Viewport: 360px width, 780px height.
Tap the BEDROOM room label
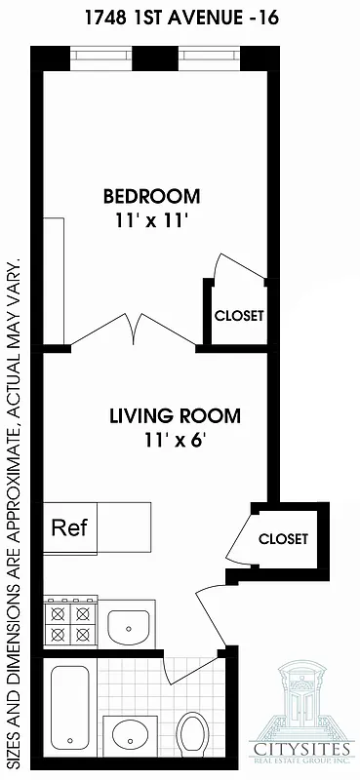(151, 196)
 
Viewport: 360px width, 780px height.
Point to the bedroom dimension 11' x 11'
(151, 220)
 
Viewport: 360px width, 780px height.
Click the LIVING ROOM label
(175, 416)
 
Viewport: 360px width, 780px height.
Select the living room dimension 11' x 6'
(175, 440)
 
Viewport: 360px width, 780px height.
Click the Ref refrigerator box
(69, 528)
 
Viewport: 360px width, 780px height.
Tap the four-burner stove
(70, 623)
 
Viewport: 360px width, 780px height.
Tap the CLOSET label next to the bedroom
(239, 316)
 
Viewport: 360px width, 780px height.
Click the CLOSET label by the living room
(283, 538)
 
